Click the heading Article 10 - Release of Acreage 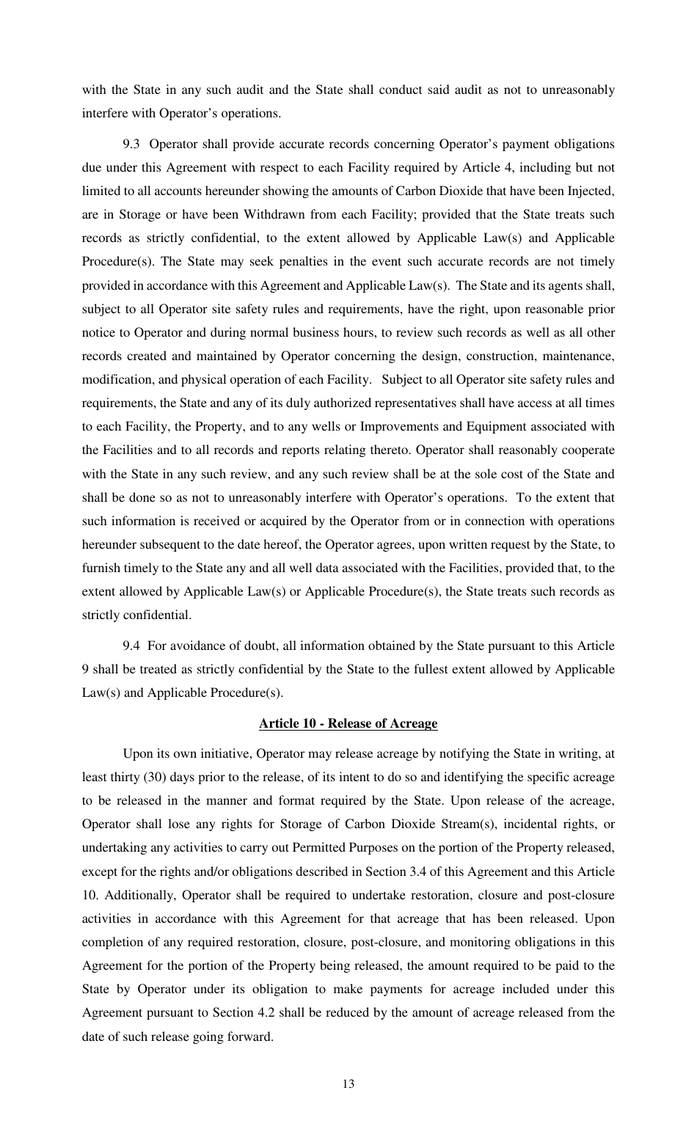point(348,724)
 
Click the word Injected point(589,191)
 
